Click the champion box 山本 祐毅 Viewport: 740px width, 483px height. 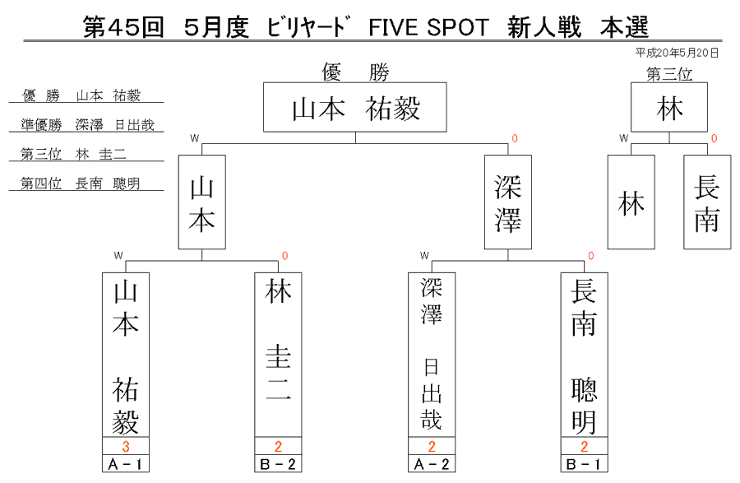pos(355,107)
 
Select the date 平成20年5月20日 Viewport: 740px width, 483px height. pos(677,53)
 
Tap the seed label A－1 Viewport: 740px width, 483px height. pos(126,464)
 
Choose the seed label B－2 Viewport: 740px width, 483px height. pos(278,464)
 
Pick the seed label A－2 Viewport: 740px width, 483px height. pos(432,464)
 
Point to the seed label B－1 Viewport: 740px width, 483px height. pos(584,464)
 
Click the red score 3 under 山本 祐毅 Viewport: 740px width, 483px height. pos(126,446)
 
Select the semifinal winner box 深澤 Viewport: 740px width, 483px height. pos(508,202)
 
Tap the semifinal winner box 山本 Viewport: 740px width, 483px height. pos(202,202)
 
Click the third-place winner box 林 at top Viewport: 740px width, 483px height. pos(669,107)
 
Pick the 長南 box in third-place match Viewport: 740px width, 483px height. pos(707,202)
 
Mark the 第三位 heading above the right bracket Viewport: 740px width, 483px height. pos(669,74)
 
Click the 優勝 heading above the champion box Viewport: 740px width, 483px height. pos(355,72)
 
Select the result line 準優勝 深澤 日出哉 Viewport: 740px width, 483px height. pos(87,124)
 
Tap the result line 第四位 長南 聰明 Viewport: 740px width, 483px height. pos(81,183)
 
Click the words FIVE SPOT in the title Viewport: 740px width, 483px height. pos(428,27)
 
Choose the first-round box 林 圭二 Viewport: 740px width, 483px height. pos(278,355)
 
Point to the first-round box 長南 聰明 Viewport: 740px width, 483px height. pos(584,355)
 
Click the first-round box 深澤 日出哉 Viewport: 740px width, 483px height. pos(432,355)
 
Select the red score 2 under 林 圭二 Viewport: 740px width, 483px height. pos(278,446)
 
